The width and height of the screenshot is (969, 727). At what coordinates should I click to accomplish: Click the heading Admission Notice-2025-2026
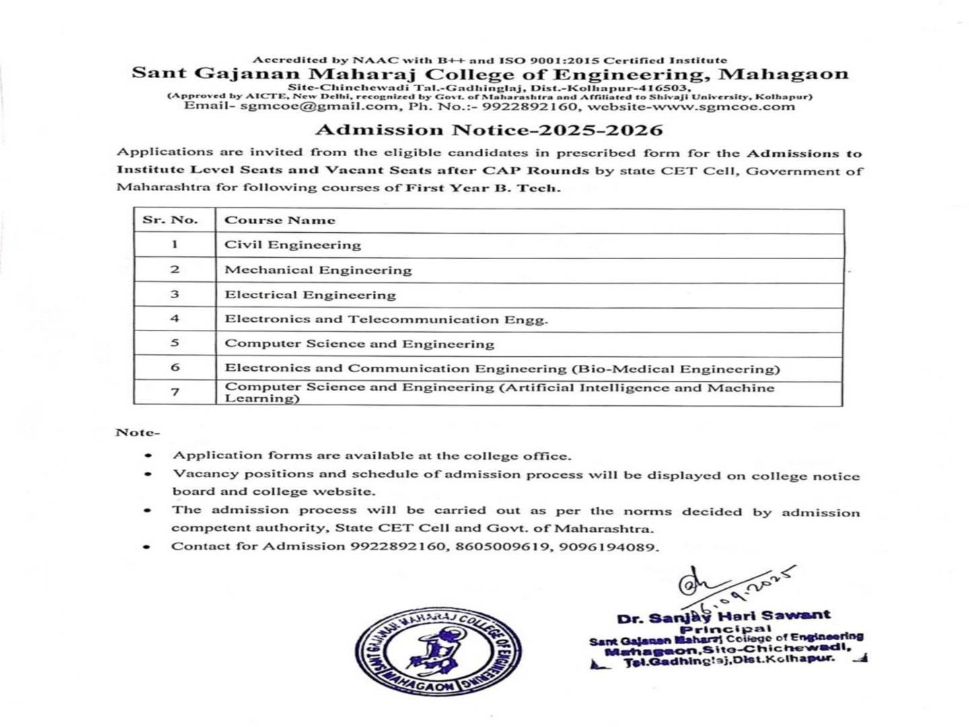point(489,130)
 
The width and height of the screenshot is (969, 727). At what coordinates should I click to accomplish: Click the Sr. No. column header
point(170,220)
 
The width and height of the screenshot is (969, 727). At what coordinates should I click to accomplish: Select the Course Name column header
point(279,220)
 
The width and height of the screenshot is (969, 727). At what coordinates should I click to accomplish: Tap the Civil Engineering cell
point(293,245)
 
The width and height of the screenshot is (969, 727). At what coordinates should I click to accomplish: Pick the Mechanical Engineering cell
point(318,270)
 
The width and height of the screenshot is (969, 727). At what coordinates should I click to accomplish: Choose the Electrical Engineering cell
point(310,295)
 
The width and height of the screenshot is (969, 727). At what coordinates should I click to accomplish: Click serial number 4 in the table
point(175,318)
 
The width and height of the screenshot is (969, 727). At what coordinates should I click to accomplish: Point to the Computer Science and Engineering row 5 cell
point(359,344)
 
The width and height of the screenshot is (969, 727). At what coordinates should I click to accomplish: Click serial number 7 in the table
point(175,392)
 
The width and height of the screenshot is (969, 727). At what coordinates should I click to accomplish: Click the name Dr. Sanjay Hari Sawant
point(723,616)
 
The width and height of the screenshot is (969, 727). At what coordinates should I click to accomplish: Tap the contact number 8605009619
point(501,547)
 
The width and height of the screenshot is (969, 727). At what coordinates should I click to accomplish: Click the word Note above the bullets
point(137,432)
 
